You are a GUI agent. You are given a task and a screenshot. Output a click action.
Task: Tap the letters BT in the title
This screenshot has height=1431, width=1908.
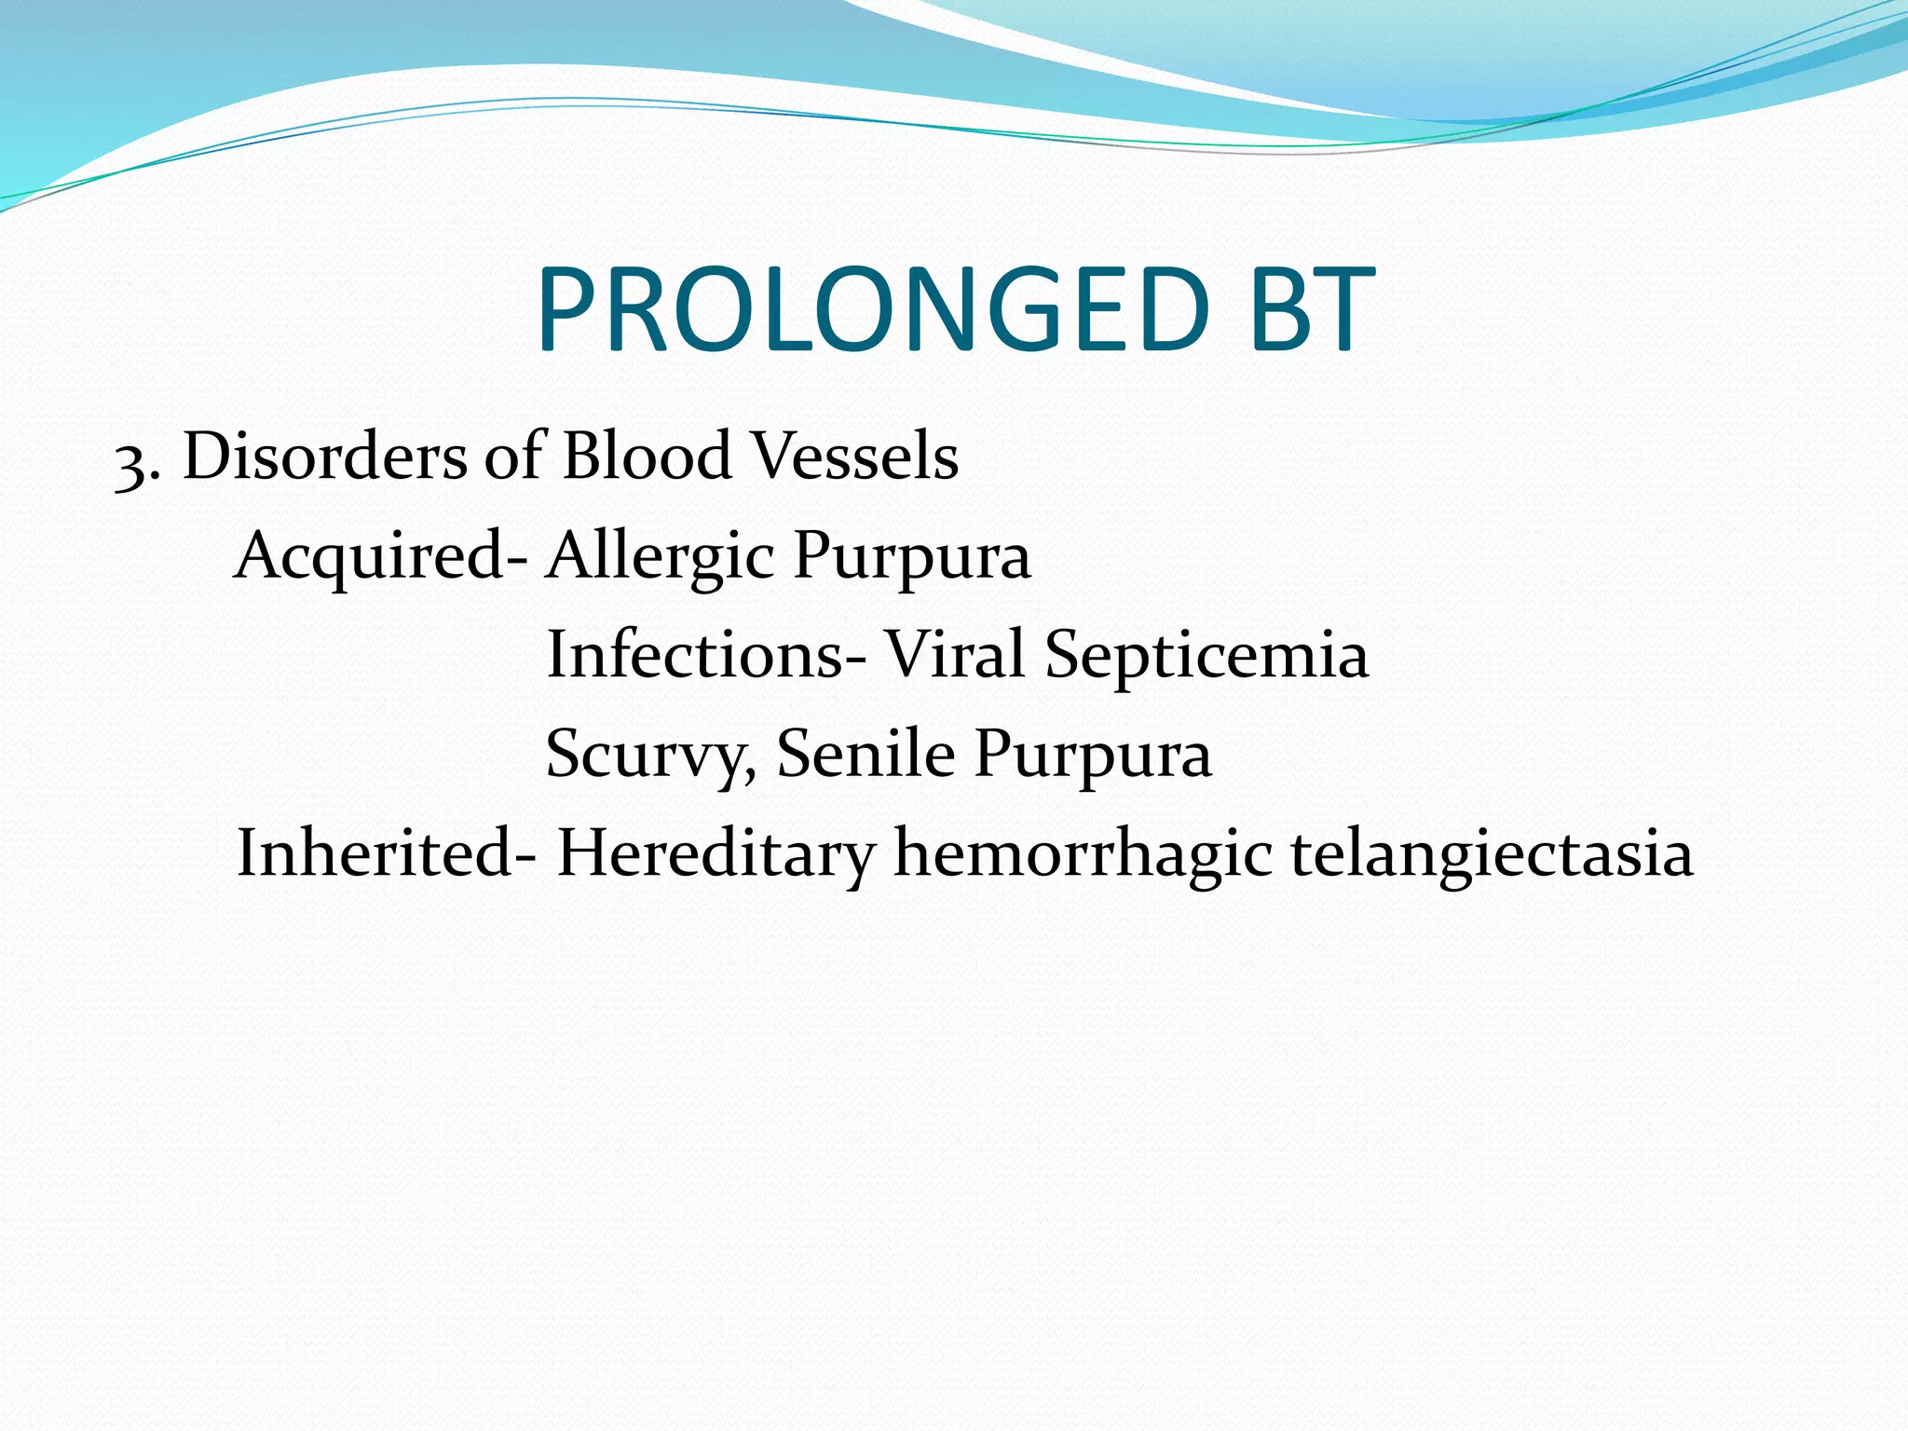(1312, 311)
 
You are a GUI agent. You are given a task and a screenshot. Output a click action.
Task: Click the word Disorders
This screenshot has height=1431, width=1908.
(324, 457)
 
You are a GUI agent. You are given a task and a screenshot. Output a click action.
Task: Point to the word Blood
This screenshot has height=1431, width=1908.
(647, 457)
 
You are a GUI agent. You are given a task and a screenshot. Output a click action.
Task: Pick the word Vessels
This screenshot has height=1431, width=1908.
(854, 457)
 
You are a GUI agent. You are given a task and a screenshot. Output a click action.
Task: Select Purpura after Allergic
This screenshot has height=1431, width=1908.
(911, 557)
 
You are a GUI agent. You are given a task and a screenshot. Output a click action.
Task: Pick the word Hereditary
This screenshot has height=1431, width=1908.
(715, 855)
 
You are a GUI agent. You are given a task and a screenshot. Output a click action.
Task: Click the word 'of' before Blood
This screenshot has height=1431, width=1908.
(512, 457)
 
